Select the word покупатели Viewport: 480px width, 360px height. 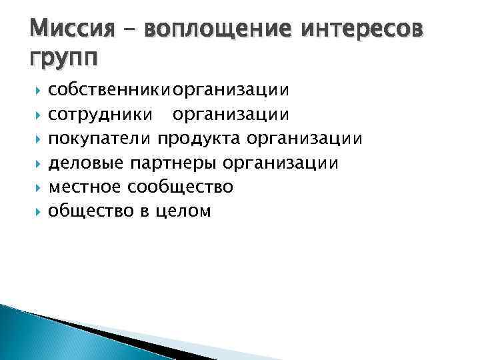point(100,139)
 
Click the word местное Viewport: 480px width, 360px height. point(87,187)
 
